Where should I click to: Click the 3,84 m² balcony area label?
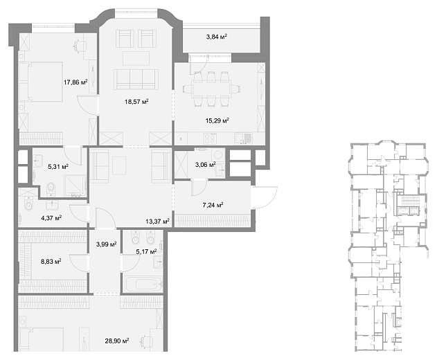[217, 37]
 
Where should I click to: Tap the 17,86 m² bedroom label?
[75, 82]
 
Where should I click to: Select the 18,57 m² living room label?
[136, 102]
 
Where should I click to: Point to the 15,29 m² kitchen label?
[217, 120]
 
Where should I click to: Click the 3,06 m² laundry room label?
[206, 165]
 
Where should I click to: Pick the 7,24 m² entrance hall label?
[213, 206]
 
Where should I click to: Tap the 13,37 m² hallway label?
[157, 222]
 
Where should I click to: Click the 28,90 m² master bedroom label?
[117, 341]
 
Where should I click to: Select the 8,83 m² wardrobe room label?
[51, 262]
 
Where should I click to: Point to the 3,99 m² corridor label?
[106, 244]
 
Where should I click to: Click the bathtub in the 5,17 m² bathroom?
[143, 285]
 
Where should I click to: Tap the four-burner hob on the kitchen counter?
[210, 138]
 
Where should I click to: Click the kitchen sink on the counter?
[243, 138]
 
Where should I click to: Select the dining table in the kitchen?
[211, 89]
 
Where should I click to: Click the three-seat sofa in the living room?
[136, 80]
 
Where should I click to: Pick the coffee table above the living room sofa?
[136, 58]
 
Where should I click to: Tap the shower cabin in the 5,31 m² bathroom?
[75, 186]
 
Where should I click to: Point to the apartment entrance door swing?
[265, 197]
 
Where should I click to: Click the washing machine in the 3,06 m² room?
[217, 154]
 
